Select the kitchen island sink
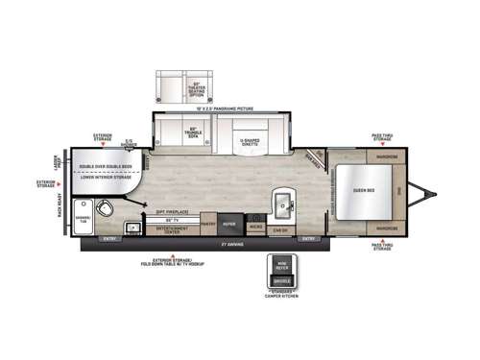284,204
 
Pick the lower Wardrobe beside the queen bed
388,228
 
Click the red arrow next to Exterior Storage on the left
63,180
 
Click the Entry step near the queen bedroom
310,237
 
